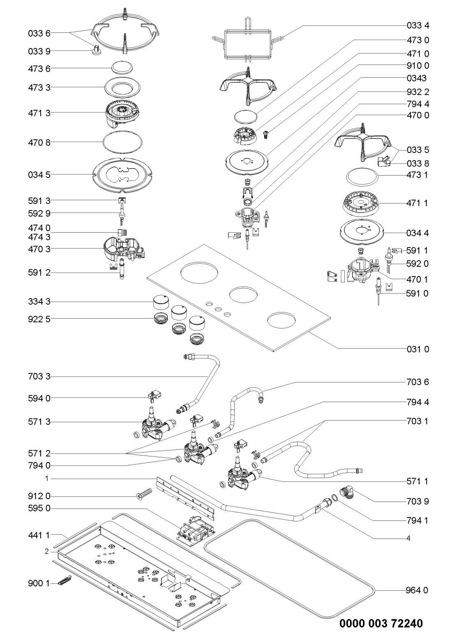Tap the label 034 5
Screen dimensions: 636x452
click(x=36, y=175)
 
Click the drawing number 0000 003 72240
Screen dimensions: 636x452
click(x=381, y=623)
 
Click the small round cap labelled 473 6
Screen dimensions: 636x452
click(x=122, y=67)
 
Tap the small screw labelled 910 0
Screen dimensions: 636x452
click(x=265, y=134)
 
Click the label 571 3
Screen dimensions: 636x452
click(x=36, y=422)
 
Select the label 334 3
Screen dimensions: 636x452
click(x=36, y=302)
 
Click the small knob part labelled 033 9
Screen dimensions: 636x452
click(x=97, y=50)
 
